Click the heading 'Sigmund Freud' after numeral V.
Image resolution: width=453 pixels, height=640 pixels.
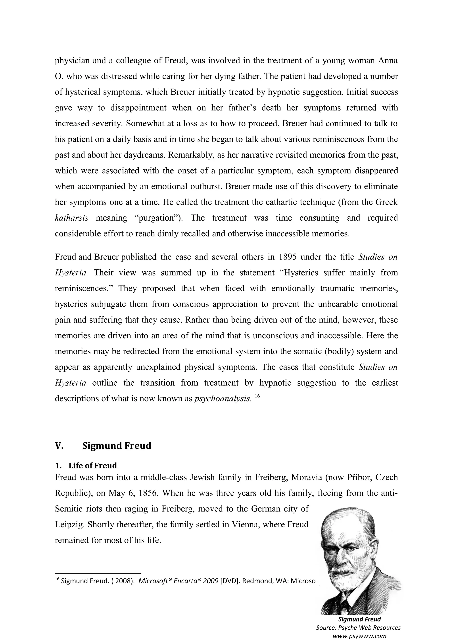pyautogui.click(x=116, y=445)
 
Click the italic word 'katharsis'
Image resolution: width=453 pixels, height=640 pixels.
pyautogui.click(x=71, y=218)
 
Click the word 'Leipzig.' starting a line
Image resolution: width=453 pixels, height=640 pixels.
pyautogui.click(x=69, y=524)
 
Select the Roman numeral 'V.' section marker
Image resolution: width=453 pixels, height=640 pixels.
pyautogui.click(x=59, y=446)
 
